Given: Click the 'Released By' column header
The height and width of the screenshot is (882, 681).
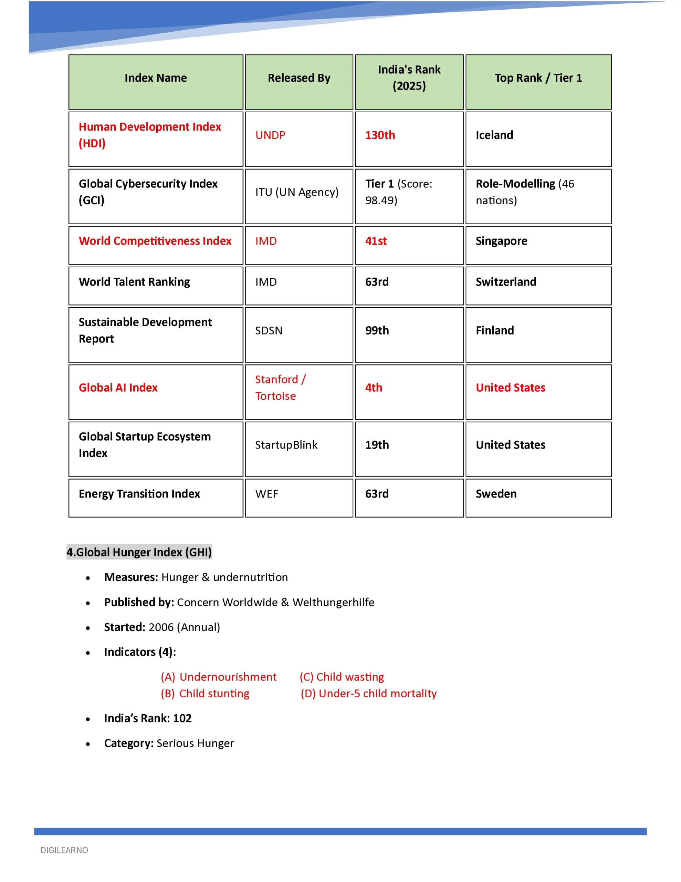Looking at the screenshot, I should [299, 78].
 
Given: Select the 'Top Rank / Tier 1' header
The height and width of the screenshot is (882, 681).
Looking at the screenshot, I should [538, 78].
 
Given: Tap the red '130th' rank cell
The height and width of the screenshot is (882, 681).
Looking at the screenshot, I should [380, 135].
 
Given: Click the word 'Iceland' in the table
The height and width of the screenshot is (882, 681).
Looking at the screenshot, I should [494, 135].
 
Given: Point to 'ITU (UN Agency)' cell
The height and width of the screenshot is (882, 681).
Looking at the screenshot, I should [297, 192].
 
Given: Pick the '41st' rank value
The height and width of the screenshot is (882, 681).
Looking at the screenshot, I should [376, 241].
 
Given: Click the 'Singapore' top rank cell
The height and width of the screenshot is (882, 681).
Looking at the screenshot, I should [501, 241].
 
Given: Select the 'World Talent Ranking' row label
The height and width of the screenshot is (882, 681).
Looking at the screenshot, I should [134, 282].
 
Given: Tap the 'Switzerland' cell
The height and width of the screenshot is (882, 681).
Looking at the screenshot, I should [506, 282].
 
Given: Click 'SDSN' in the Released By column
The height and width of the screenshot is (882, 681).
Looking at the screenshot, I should [269, 331].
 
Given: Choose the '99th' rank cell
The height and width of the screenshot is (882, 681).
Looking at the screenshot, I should [377, 331].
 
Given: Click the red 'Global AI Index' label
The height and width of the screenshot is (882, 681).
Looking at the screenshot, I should [118, 388].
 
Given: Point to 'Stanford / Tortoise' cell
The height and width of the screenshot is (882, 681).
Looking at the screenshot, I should [280, 388].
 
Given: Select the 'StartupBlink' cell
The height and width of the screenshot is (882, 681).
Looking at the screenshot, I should [286, 445].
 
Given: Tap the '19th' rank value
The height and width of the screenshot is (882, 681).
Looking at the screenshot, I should [377, 445].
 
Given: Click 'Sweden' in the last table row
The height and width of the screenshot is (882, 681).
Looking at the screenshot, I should [496, 494].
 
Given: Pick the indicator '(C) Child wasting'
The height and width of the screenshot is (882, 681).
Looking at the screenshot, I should [342, 677].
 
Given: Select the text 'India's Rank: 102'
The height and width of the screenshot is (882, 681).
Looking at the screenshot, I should [148, 718].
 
